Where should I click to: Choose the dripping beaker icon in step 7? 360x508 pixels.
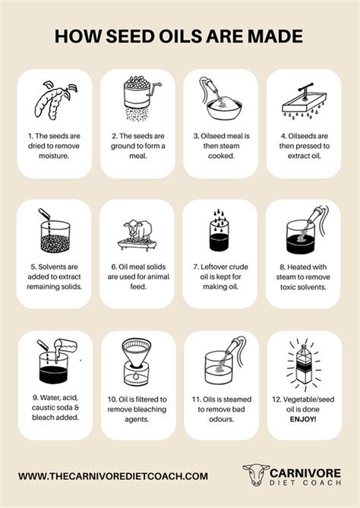click(x=219, y=232)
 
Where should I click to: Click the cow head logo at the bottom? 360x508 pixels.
click(x=253, y=476)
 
